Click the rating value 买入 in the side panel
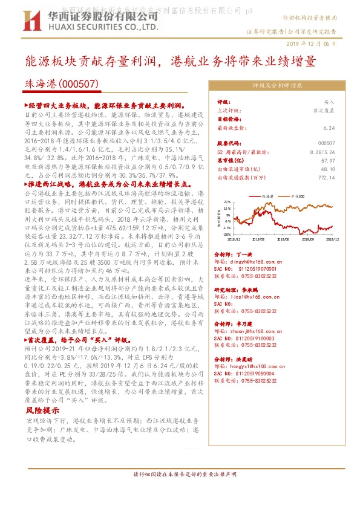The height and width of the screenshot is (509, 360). point(329,103)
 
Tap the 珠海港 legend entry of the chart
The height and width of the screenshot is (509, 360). point(270,196)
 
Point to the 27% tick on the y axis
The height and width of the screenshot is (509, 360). point(227,202)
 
